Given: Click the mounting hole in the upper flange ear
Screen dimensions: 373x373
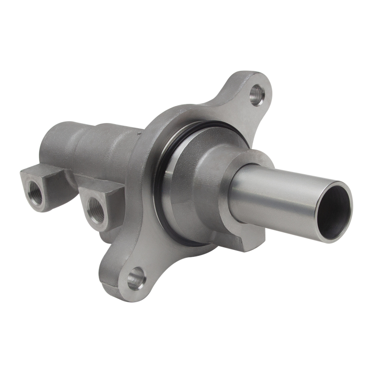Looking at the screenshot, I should point(256,95).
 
